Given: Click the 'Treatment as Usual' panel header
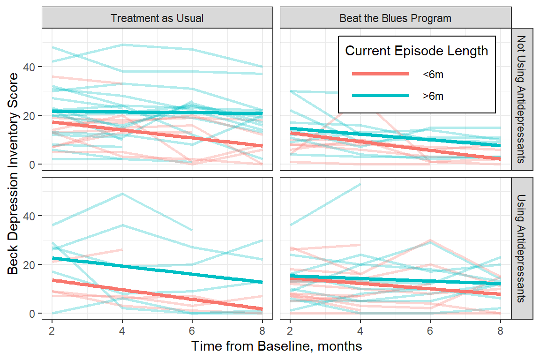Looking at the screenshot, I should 157,18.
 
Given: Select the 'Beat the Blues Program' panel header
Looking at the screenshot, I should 395,18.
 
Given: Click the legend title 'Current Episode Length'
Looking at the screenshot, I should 416,51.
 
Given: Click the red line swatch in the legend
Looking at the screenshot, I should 380,74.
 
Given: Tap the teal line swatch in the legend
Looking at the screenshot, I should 380,96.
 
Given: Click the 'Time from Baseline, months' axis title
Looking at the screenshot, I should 277,346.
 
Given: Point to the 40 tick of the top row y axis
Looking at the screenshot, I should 31,67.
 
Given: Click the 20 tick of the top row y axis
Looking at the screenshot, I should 31,115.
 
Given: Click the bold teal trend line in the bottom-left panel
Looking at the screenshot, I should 157,270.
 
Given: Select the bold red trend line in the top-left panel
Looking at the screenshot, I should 157,134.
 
